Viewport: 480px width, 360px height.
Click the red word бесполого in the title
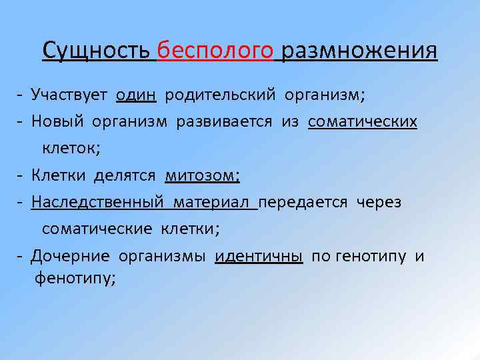tap(216, 51)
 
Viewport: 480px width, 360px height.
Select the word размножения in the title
tap(359, 51)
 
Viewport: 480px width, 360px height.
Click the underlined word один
tap(136, 95)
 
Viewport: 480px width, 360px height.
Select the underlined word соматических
tap(363, 121)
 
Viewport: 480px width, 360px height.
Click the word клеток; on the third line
tap(71, 148)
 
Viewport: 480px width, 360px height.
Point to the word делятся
tap(125, 175)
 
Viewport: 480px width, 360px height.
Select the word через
tap(379, 202)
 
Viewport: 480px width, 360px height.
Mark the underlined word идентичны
tap(259, 257)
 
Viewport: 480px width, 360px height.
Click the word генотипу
tap(371, 257)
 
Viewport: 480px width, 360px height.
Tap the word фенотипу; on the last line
tap(75, 279)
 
